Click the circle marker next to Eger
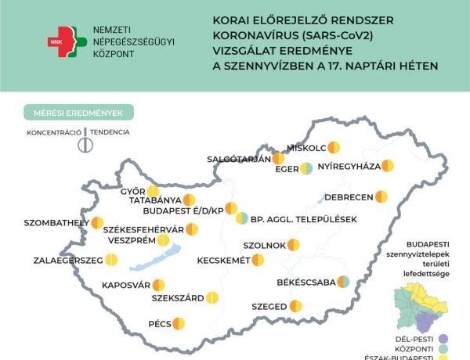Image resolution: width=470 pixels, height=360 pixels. [x=305, y=167]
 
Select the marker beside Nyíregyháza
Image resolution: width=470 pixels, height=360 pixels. [x=387, y=166]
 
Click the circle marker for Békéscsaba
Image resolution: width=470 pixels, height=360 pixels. [x=342, y=283]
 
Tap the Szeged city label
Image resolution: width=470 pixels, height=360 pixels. [x=269, y=308]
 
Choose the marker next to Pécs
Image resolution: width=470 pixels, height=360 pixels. [x=179, y=322]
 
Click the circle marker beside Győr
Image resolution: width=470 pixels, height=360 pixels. [x=153, y=191]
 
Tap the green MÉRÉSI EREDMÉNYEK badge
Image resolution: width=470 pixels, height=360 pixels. [x=78, y=113]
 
